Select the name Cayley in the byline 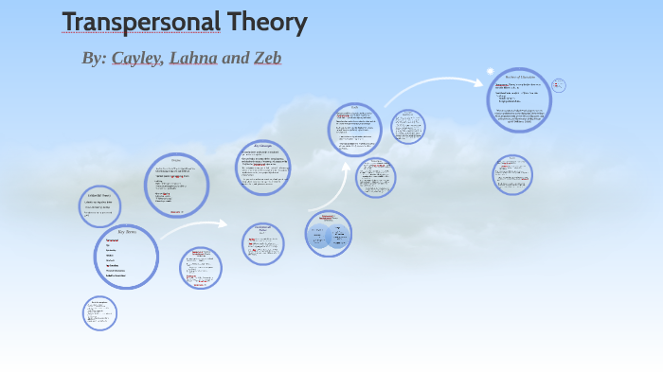click(138, 59)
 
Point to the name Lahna click(193, 59)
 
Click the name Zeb click(266, 59)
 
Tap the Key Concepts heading click(262, 146)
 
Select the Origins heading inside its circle click(176, 160)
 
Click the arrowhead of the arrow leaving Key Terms click(224, 224)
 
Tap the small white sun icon click(490, 72)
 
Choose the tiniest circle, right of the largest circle click(558, 85)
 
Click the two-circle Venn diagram click(329, 234)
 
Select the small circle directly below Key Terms click(99, 313)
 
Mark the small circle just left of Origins click(99, 205)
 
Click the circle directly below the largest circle click(512, 174)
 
